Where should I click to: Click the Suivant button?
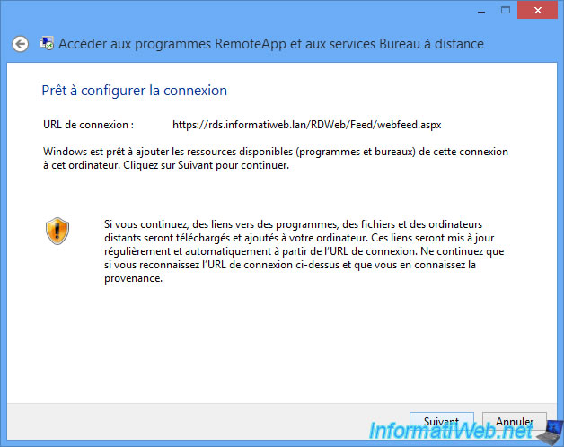tap(442, 421)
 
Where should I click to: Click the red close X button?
tap(537, 10)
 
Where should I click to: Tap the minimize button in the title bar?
tap(481, 12)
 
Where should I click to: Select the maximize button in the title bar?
tap(506, 10)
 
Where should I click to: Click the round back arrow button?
tap(20, 44)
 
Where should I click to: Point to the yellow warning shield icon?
tap(57, 231)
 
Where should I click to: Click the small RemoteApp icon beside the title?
tap(47, 43)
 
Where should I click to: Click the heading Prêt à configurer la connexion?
tap(135, 91)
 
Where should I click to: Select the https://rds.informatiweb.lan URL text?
tap(307, 125)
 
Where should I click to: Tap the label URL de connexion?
tap(88, 125)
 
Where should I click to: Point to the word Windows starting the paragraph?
tap(65, 152)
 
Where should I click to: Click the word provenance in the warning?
tap(133, 278)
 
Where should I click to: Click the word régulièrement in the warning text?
tap(137, 251)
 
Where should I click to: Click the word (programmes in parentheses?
tap(328, 152)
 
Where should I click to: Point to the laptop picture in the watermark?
tap(550, 434)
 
